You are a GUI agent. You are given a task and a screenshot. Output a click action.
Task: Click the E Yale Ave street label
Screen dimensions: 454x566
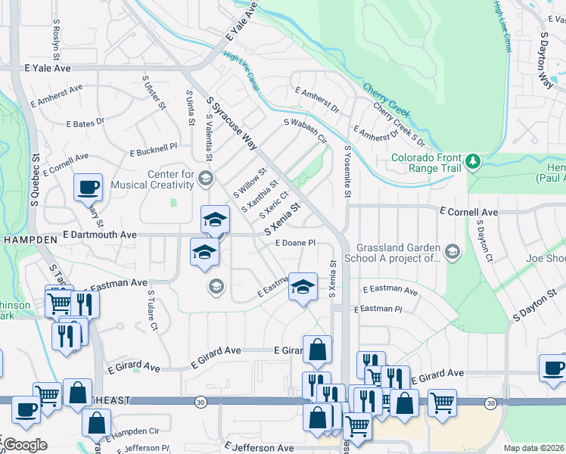[x=46, y=68]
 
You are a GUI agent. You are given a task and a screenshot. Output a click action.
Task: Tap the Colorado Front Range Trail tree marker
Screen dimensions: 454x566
[x=473, y=161]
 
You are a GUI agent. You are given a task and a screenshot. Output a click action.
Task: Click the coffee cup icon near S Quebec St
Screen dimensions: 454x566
[x=89, y=185]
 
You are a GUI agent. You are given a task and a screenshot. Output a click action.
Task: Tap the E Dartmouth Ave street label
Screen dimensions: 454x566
[x=100, y=235]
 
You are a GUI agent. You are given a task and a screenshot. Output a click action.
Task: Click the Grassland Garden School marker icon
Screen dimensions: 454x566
[x=452, y=251]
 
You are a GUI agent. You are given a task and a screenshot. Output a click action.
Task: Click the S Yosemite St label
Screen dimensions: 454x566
[x=348, y=173]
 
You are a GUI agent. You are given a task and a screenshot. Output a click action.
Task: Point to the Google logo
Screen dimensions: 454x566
[x=25, y=445]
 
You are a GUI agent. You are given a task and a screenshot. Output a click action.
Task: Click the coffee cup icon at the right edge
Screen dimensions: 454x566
[x=552, y=368]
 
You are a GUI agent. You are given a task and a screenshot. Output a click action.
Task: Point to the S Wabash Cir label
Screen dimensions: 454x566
[x=305, y=130]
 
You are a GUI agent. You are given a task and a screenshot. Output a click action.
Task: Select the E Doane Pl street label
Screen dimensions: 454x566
[x=294, y=243]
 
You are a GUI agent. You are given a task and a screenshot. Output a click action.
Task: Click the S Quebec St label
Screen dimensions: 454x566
[x=35, y=182]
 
